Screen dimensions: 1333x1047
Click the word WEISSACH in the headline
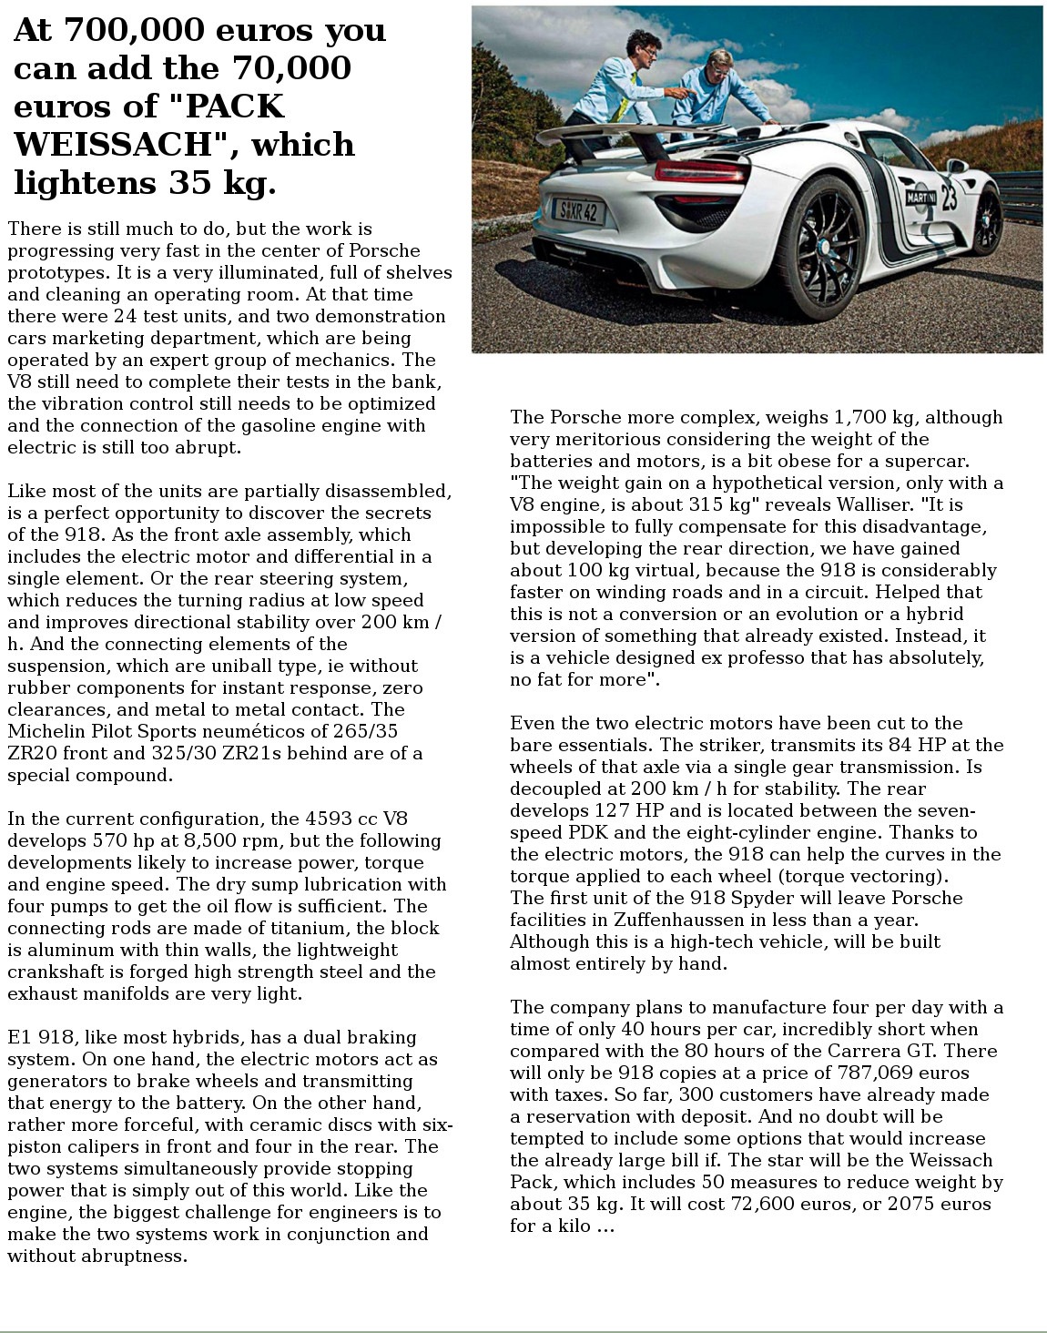point(119,145)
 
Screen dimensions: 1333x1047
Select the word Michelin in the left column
point(44,731)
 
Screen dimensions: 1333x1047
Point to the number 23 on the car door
point(949,196)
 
